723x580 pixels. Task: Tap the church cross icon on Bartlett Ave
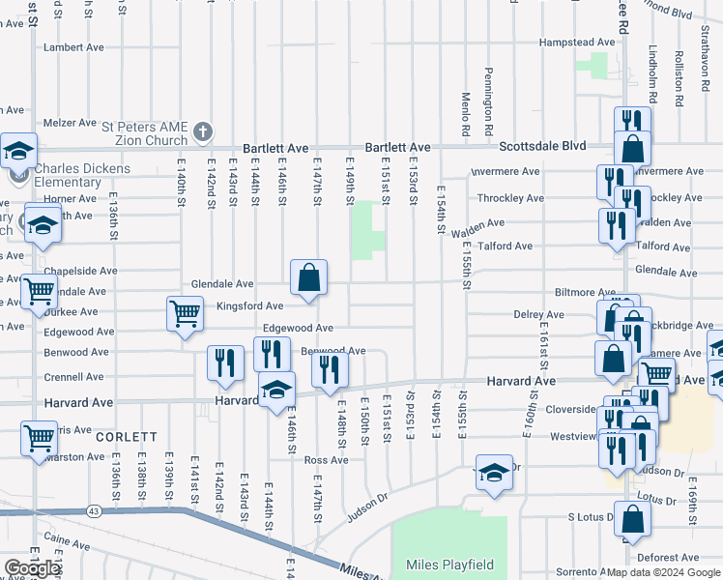tap(202, 130)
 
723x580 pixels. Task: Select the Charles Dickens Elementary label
tap(82, 175)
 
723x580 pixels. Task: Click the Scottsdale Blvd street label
tap(542, 146)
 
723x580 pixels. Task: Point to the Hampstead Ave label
tap(576, 43)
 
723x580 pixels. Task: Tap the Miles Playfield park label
tap(449, 565)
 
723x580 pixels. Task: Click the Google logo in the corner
tap(32, 568)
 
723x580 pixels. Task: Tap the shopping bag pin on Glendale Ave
tap(308, 277)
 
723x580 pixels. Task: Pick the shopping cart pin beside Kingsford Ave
tap(184, 313)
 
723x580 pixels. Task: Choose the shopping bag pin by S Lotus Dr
tap(632, 521)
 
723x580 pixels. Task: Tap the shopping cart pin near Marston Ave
tap(39, 438)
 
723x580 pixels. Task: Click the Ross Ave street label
tap(326, 460)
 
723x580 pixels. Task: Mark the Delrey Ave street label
tap(539, 315)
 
